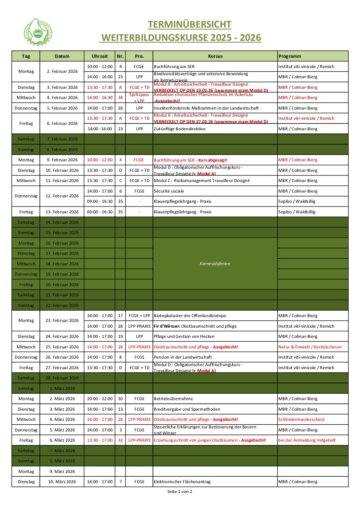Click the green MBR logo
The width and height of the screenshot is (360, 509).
38,33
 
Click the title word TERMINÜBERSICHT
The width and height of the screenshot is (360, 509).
190,24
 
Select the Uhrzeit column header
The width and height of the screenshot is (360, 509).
99,56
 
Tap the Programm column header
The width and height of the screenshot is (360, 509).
290,56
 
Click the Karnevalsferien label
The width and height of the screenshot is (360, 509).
215,264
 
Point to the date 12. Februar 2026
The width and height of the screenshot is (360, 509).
62,196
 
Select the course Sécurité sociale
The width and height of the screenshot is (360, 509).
169,191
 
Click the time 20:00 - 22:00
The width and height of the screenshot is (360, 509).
99,399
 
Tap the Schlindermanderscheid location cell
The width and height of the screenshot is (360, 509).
301,420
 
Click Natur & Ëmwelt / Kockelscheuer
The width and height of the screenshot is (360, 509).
310,347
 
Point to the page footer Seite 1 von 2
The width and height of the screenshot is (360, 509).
180,492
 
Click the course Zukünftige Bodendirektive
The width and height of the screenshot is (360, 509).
180,129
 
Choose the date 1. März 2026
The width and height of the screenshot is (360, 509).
62,389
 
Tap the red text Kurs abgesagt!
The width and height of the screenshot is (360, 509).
213,160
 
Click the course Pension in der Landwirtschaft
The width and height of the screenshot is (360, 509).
183,357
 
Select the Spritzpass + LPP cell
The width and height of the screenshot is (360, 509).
139,98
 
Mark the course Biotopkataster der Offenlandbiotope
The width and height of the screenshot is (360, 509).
190,316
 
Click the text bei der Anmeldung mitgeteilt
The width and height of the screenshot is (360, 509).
307,440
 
